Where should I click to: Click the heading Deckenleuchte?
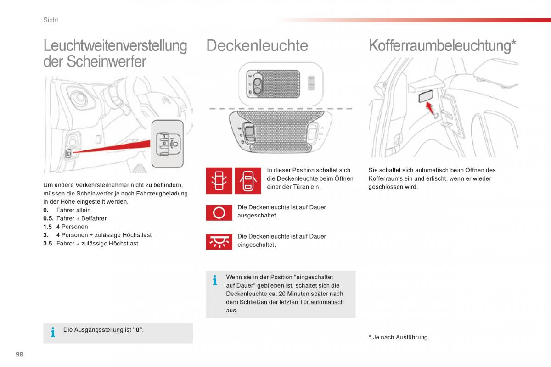coord(257,45)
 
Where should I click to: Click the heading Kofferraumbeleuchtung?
coord(442,45)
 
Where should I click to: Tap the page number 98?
coord(19,355)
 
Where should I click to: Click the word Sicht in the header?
coord(51,20)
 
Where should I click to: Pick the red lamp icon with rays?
coord(219,241)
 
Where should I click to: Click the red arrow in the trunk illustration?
coord(430,108)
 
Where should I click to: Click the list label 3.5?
coord(48,244)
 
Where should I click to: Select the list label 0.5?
coord(48,218)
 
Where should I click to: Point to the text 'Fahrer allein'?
coord(73,210)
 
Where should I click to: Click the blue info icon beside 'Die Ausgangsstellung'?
coord(53,332)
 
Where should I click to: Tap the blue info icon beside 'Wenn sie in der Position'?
coord(214,280)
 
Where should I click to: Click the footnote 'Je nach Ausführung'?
coord(399,337)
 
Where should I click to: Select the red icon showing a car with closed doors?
coord(219,181)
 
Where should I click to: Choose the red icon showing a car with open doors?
coord(248,181)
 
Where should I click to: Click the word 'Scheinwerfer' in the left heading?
coord(107,61)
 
